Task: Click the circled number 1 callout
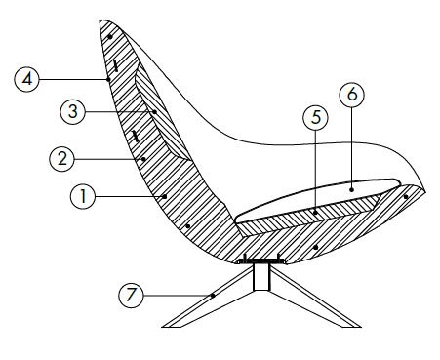coord(84,195)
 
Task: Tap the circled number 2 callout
coord(63,155)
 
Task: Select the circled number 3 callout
coord(70,112)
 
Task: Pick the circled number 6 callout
coord(351,95)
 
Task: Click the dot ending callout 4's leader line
coord(109,78)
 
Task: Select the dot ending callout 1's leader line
coord(167,196)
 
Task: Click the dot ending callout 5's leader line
coord(315,208)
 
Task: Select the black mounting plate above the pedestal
coord(260,260)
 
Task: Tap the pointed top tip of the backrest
coord(103,21)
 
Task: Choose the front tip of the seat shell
coord(424,187)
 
